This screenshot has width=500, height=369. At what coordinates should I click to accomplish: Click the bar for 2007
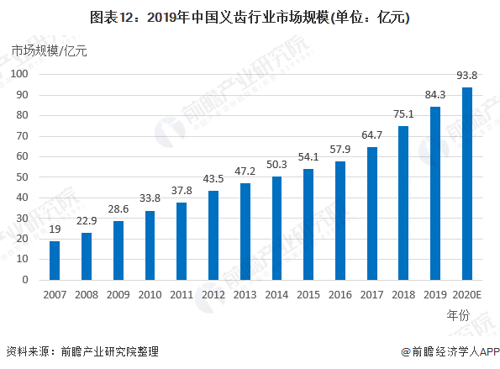(55, 261)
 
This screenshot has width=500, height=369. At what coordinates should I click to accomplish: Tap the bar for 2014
(276, 228)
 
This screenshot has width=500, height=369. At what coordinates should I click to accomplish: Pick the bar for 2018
(403, 203)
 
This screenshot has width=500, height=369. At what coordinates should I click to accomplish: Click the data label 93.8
(467, 74)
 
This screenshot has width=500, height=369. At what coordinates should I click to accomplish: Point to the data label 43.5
(213, 178)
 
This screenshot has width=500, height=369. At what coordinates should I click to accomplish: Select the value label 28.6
(118, 208)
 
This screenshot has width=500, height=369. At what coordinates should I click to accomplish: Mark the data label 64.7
(371, 134)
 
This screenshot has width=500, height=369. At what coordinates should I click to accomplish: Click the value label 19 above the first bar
(55, 229)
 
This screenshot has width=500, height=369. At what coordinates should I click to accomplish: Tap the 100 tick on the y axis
(20, 74)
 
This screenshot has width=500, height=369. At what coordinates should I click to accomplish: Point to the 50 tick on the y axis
(23, 177)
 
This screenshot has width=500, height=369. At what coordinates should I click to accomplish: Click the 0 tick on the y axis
(26, 280)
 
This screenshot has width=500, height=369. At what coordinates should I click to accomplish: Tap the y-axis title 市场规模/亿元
(49, 50)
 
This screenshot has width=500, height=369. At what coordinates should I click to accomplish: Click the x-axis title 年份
(459, 316)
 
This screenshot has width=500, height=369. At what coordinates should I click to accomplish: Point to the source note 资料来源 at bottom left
(82, 351)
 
